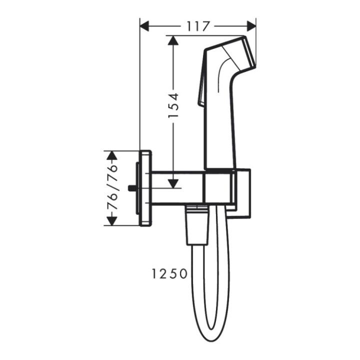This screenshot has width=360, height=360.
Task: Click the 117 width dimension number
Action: (197, 25)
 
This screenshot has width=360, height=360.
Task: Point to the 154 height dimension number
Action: (173, 105)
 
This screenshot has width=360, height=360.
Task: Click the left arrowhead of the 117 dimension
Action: (144, 25)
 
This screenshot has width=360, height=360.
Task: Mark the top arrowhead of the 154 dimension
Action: (173, 41)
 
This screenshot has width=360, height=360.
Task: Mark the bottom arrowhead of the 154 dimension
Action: (173, 183)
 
